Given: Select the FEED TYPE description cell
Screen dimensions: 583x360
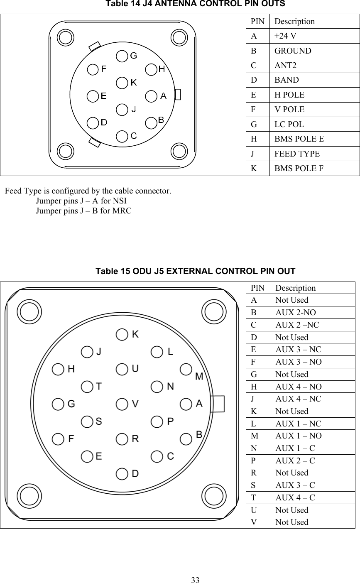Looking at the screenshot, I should [x=297, y=154].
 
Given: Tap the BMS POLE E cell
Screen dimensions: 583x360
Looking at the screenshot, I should [x=299, y=139].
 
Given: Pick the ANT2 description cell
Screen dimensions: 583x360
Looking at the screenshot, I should [x=285, y=66].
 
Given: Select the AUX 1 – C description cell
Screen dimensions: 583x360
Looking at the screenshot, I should [x=295, y=448].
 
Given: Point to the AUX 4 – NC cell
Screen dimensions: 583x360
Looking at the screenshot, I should [x=298, y=399].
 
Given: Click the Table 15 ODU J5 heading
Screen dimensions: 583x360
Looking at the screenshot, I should [x=196, y=271].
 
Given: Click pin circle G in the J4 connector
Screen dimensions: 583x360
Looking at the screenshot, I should [x=122, y=56].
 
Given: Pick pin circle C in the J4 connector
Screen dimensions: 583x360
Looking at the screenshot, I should [x=122, y=136].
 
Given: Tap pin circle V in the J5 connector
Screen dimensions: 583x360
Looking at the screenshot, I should [x=122, y=404].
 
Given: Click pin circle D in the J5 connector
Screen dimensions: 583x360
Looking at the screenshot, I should [x=122, y=473].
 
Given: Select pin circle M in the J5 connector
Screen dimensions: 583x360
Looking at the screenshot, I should [x=186, y=369].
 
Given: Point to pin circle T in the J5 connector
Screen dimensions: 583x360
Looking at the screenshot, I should [x=87, y=386].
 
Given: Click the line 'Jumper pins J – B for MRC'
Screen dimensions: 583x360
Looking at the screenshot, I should [x=83, y=211].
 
